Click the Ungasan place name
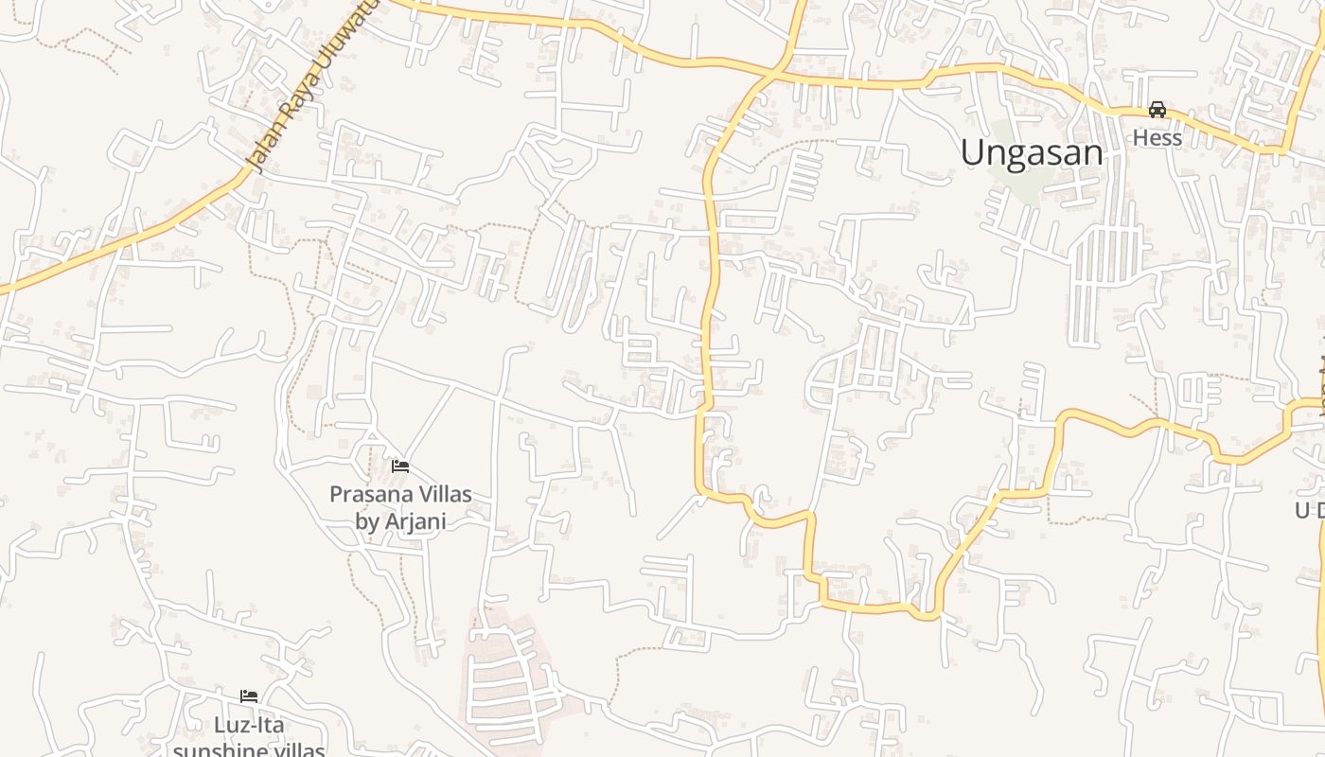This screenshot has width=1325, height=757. pyautogui.click(x=1032, y=152)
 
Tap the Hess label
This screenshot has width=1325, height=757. pyautogui.click(x=1157, y=138)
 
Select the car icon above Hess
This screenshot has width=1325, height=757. pyautogui.click(x=1157, y=110)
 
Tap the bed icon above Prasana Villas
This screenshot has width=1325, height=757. pyautogui.click(x=400, y=467)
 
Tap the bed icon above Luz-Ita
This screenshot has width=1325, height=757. pyautogui.click(x=249, y=696)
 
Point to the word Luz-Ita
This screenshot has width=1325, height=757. pyautogui.click(x=249, y=725)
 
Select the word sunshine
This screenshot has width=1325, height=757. pyautogui.click(x=219, y=750)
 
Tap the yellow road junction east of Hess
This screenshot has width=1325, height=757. pyautogui.click(x=1284, y=150)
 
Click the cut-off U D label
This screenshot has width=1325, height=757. pyautogui.click(x=1310, y=510)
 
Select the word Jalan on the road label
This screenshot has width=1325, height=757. pyautogui.click(x=263, y=153)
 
